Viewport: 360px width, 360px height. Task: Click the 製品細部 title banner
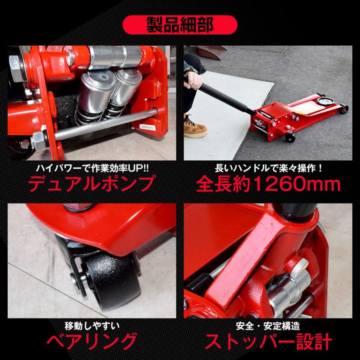point(180,25)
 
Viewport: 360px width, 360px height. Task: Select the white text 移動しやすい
point(92,326)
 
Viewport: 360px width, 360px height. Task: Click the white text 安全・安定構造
point(268,326)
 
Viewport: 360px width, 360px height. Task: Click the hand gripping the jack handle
point(193,80)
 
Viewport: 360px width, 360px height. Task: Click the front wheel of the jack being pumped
point(290,138)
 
